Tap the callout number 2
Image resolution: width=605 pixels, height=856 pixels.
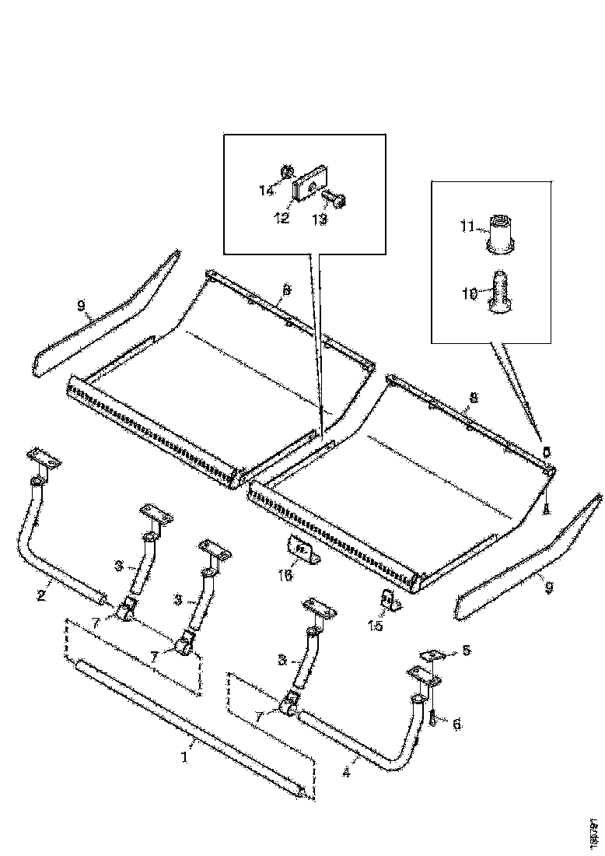pos(40,596)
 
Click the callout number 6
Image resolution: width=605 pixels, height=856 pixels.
pos(456,724)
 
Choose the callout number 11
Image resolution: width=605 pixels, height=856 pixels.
pos(467,226)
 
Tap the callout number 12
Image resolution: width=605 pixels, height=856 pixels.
pos(282,219)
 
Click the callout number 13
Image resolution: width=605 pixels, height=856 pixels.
pos(319,219)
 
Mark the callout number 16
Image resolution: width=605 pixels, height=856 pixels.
pos(285,575)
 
